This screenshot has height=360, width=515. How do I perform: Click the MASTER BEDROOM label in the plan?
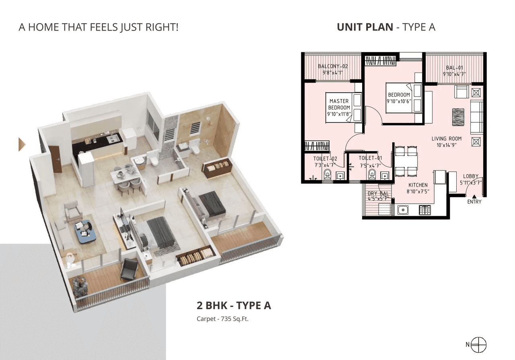tap(339, 104)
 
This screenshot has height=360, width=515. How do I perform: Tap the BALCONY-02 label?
tap(333, 66)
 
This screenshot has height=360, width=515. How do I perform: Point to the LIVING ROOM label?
tap(446, 139)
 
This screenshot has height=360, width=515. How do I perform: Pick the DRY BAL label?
tap(378, 194)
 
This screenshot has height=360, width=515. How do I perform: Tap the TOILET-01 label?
tap(370, 158)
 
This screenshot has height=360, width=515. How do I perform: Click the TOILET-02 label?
tap(325, 158)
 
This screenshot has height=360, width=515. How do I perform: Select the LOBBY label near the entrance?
tap(470, 176)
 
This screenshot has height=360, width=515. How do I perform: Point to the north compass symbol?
tap(479, 345)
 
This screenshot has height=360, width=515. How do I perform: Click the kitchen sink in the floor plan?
tap(402, 209)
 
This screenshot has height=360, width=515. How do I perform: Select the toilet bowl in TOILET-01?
tap(372, 175)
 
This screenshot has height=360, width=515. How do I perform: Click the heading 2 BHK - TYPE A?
tap(233, 305)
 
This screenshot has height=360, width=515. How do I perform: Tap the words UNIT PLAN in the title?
tap(365, 27)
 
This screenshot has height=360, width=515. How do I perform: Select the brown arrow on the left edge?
tap(22, 144)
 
